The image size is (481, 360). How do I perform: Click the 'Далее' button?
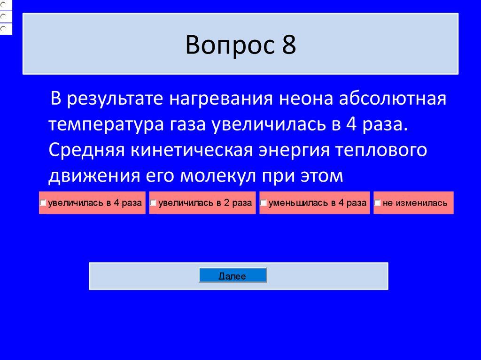pos(233,276)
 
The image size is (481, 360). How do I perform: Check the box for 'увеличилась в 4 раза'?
pos(42,203)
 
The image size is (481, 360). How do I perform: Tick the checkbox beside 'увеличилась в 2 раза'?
pos(153,203)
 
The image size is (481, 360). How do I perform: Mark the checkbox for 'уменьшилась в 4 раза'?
pos(264,203)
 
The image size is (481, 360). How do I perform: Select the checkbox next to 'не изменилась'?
pos(378,203)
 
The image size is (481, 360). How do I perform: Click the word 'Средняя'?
pos(86,150)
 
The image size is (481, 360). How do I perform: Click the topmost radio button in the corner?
pos(3,3)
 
